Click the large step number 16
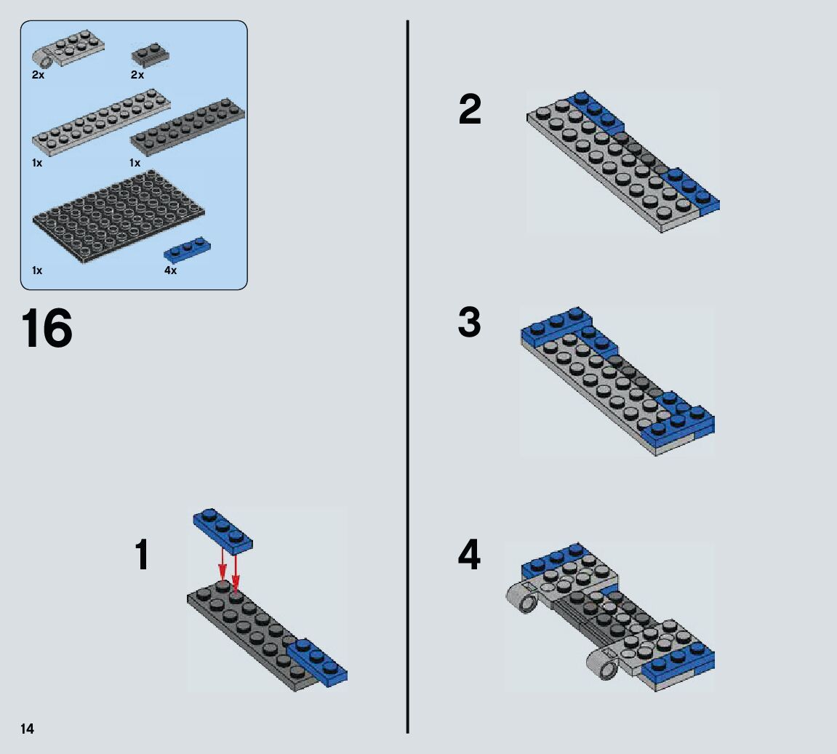coord(47,328)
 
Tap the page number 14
coord(27,729)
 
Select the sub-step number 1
coord(142,555)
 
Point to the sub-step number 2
coord(470,109)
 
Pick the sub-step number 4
coord(469,555)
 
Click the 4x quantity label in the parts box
coord(170,270)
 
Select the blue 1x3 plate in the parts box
coord(188,249)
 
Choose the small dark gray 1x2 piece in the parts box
coord(151,55)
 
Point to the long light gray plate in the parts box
coord(101,123)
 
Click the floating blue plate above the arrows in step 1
coord(223,530)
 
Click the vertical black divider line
coord(408,377)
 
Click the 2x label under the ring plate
coord(38,75)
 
